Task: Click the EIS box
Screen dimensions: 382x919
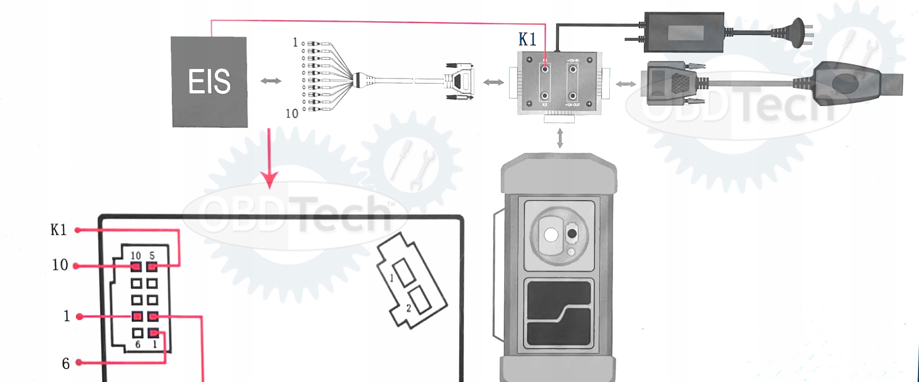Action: point(209,82)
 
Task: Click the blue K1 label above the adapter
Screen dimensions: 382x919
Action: point(527,39)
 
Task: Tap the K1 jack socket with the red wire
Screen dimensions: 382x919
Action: point(545,69)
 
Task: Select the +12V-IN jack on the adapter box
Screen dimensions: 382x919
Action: point(573,69)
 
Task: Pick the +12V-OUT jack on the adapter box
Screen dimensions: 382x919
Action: point(573,96)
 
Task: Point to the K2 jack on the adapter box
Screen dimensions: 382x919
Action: point(545,96)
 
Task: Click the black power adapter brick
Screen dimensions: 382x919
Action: point(684,32)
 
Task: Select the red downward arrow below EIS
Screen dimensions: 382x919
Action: point(269,159)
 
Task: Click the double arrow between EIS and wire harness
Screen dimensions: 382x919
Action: point(271,81)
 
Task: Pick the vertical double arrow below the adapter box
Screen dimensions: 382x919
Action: point(559,137)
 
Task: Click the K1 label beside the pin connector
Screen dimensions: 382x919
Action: point(58,230)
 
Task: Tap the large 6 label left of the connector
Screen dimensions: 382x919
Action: point(66,363)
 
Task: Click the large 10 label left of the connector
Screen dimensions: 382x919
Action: point(60,265)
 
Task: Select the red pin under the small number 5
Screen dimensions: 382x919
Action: point(152,267)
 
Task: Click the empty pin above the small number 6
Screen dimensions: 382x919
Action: point(137,333)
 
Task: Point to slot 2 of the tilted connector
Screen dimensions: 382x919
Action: point(418,300)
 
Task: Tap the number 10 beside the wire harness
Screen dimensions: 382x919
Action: point(292,114)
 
